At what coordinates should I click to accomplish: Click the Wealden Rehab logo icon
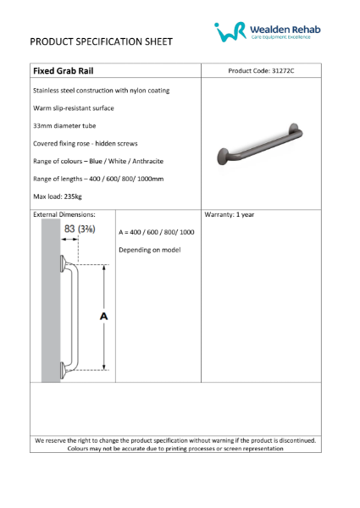coord(230,33)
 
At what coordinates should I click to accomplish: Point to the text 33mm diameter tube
coord(65,125)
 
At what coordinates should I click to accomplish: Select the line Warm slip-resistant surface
coord(73,108)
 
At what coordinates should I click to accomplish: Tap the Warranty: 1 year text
coord(230,214)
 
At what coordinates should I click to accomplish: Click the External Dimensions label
coord(64,214)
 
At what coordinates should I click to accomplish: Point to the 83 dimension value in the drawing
coord(72,229)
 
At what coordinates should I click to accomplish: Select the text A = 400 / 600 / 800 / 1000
coord(157,232)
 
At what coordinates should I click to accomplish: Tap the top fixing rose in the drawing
coord(64,268)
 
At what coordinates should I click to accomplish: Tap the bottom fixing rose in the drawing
coord(64,368)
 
